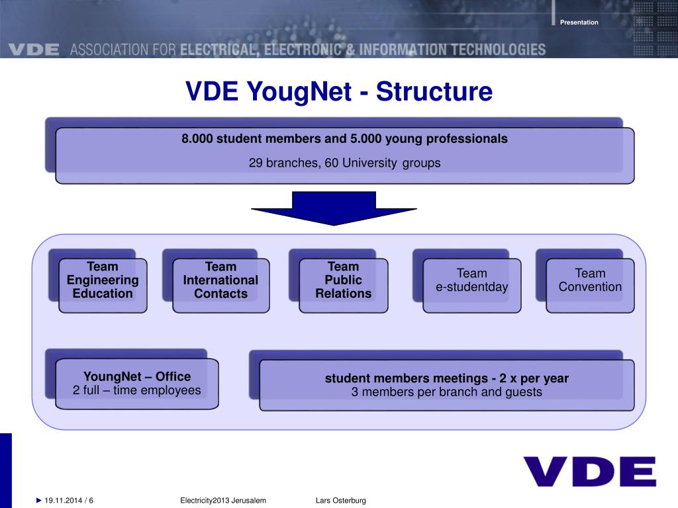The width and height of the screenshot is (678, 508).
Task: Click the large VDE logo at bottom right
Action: point(589,472)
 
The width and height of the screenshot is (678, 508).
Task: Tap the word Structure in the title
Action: point(434,92)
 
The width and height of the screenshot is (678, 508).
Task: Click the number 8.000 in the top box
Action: point(197,139)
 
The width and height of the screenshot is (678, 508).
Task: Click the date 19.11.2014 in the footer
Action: point(64,501)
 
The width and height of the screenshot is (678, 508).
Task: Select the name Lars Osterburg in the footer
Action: point(340,501)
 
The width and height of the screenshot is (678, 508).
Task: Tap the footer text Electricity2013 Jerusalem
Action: point(223,501)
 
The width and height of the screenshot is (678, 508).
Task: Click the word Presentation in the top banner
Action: point(579,22)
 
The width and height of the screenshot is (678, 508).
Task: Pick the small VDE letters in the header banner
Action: point(34,50)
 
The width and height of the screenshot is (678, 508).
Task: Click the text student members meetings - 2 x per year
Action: point(446,379)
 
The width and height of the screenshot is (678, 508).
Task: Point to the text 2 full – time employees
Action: point(136,390)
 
